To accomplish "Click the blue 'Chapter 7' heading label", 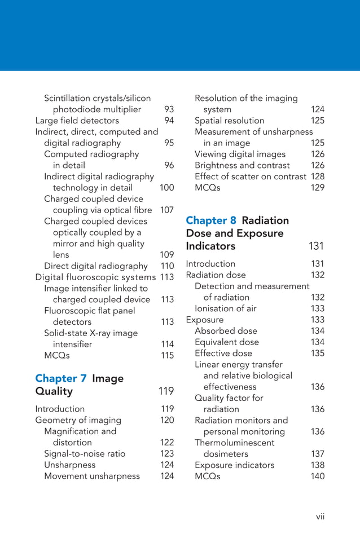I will coord(61,378).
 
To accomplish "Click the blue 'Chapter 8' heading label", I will coord(211,220).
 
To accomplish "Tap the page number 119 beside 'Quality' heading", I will coord(166,391).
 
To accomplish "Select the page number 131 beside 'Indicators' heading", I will coord(317,246).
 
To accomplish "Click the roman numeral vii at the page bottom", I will coord(321,516).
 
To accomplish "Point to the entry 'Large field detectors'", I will coord(77,121).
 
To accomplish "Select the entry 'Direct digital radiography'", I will coord(96,266).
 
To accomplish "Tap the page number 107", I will coord(167,210).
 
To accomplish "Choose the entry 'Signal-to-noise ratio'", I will coord(85,454).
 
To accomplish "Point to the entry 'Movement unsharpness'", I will coord(92,476).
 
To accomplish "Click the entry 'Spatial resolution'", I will coord(229,121).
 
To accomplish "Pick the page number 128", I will coord(318,176).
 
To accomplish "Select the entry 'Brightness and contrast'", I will coord(242,165).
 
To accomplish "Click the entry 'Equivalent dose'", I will coord(227,342).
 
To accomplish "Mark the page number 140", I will coord(318,476).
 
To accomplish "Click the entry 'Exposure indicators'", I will coord(234,465).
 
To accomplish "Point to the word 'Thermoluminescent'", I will coord(235,443).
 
